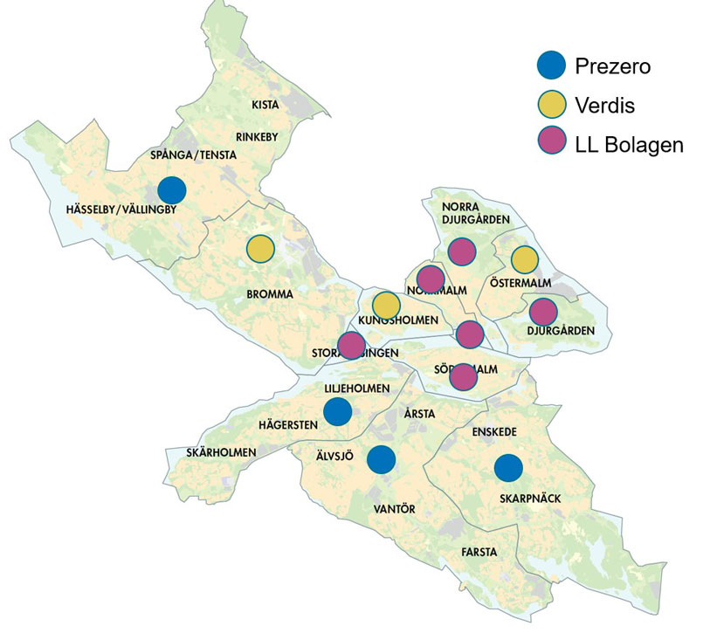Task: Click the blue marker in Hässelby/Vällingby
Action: [172, 189]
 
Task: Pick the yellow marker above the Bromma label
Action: [260, 249]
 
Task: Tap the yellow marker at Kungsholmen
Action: [386, 306]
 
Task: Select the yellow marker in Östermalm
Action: [524, 259]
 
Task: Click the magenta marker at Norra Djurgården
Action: [461, 251]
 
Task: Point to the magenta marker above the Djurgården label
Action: [543, 311]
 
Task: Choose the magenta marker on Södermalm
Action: [463, 376]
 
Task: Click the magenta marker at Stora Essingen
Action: [351, 346]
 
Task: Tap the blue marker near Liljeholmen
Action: [337, 410]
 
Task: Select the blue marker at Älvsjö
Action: [380, 458]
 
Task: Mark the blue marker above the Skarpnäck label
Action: [508, 468]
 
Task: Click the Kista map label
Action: [265, 105]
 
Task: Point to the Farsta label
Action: [479, 552]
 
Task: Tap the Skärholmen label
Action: [221, 452]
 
